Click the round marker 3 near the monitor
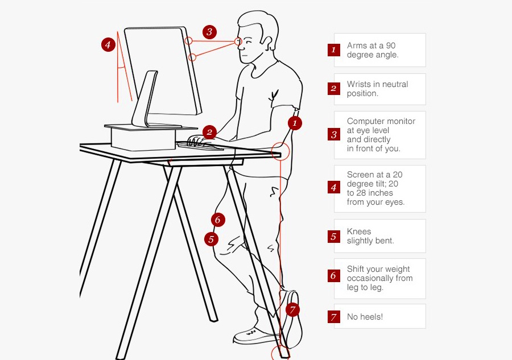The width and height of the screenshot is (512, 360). (209, 32)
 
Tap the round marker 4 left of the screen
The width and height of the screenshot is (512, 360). (109, 44)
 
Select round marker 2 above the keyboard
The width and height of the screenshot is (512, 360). (209, 133)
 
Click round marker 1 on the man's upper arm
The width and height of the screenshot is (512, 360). (294, 122)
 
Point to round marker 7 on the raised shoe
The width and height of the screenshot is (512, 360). (292, 310)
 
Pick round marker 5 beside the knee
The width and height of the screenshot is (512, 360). (211, 239)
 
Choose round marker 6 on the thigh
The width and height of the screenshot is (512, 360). (217, 220)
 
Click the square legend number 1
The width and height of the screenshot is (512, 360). (334, 50)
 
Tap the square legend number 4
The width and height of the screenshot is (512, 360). (334, 187)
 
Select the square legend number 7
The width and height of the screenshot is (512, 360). (334, 317)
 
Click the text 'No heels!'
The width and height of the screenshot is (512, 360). (365, 317)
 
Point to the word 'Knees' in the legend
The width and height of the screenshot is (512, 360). (359, 231)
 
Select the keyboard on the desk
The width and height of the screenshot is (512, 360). (200, 146)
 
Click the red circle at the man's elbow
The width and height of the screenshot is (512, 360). (280, 151)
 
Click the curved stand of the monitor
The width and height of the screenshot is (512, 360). (146, 100)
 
